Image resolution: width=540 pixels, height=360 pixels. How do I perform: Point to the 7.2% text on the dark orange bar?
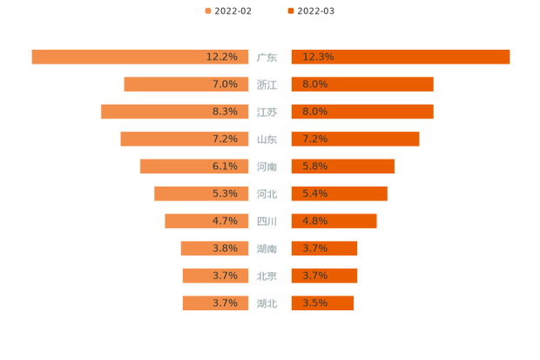pos(314,139)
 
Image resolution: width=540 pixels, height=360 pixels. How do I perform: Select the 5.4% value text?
pos(314,194)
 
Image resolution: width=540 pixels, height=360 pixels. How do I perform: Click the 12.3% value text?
pos(318,57)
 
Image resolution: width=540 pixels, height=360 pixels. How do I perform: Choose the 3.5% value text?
pos(314,303)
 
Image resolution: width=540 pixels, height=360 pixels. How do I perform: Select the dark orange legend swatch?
pos(289,10)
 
